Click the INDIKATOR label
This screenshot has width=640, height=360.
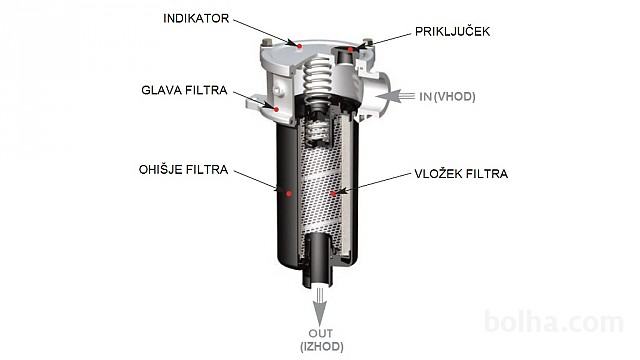(x=196, y=18)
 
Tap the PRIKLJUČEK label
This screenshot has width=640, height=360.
(x=452, y=31)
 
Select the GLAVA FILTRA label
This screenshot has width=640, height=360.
(x=184, y=90)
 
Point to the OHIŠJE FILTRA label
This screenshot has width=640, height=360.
(x=183, y=169)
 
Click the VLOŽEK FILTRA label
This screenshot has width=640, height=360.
(x=461, y=173)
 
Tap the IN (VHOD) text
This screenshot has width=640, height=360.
(x=447, y=97)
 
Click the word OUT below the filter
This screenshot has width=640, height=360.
(x=320, y=333)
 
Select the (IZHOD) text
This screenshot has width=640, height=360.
(x=322, y=347)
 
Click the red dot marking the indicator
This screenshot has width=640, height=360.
(x=300, y=46)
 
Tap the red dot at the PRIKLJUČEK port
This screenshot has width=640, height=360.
(x=350, y=50)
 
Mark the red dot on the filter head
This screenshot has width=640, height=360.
(x=276, y=109)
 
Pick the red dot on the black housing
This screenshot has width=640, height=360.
(x=289, y=193)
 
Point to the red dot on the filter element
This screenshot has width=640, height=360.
(x=333, y=193)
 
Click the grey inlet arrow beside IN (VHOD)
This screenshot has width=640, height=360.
(x=395, y=97)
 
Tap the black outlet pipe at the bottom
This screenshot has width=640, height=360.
(x=319, y=260)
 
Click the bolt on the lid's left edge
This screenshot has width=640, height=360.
(x=267, y=42)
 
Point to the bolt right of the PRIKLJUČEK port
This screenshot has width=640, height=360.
(x=367, y=42)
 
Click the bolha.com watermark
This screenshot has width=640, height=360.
(x=554, y=322)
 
